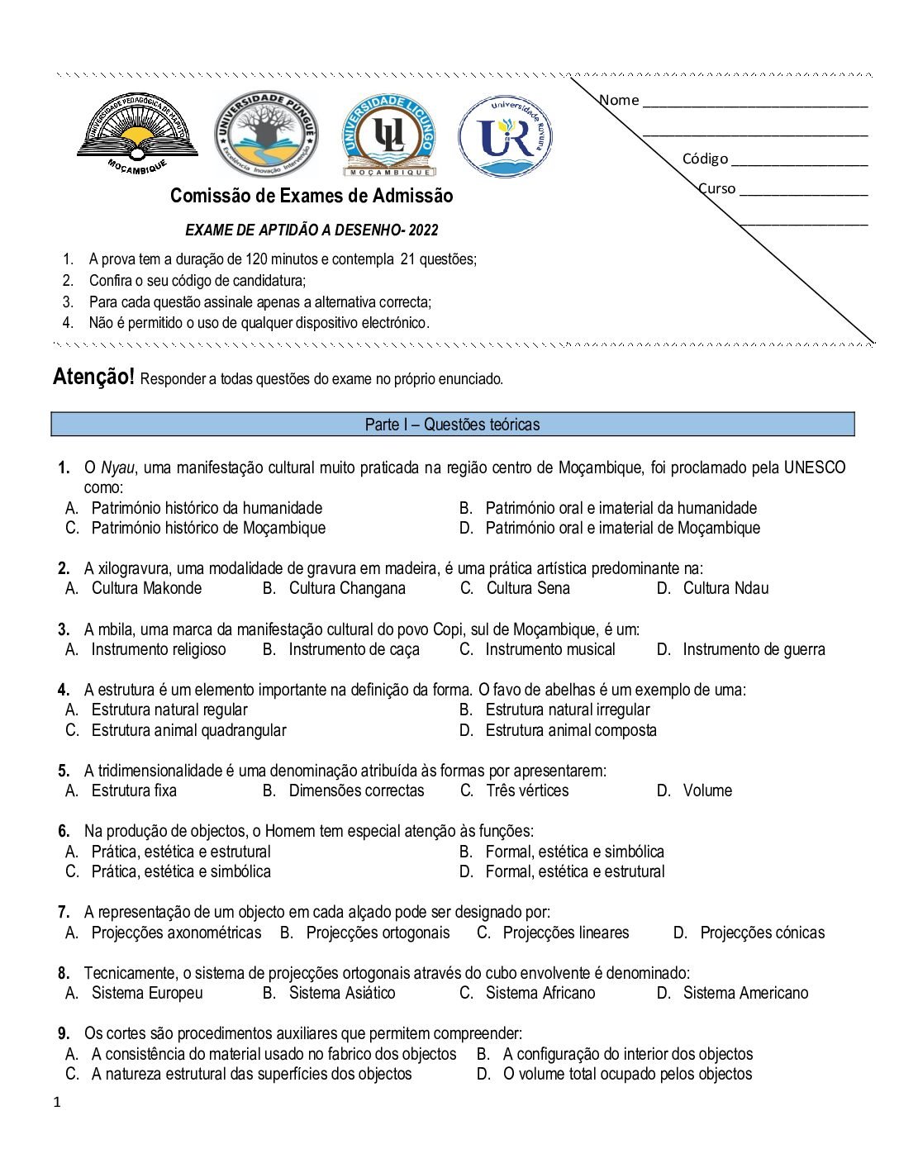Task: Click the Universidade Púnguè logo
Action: (x=266, y=135)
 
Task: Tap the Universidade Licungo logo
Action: (x=388, y=135)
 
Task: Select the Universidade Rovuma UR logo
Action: (x=506, y=136)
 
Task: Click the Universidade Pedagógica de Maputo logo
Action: (x=137, y=132)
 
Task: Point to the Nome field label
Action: (x=620, y=100)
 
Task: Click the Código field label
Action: (x=705, y=159)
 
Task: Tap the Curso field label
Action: (x=717, y=188)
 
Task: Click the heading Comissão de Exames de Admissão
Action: (x=312, y=196)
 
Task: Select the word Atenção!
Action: (x=93, y=377)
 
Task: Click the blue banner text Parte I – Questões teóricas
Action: (x=452, y=425)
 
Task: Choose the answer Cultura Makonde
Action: (x=146, y=588)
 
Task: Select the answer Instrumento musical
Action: (x=550, y=649)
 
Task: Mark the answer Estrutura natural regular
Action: (x=169, y=710)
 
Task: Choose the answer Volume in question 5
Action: (x=707, y=790)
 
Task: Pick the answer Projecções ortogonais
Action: (x=378, y=933)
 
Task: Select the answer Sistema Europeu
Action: (x=147, y=993)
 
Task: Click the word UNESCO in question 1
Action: (x=815, y=468)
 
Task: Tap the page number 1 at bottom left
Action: (x=57, y=1102)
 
